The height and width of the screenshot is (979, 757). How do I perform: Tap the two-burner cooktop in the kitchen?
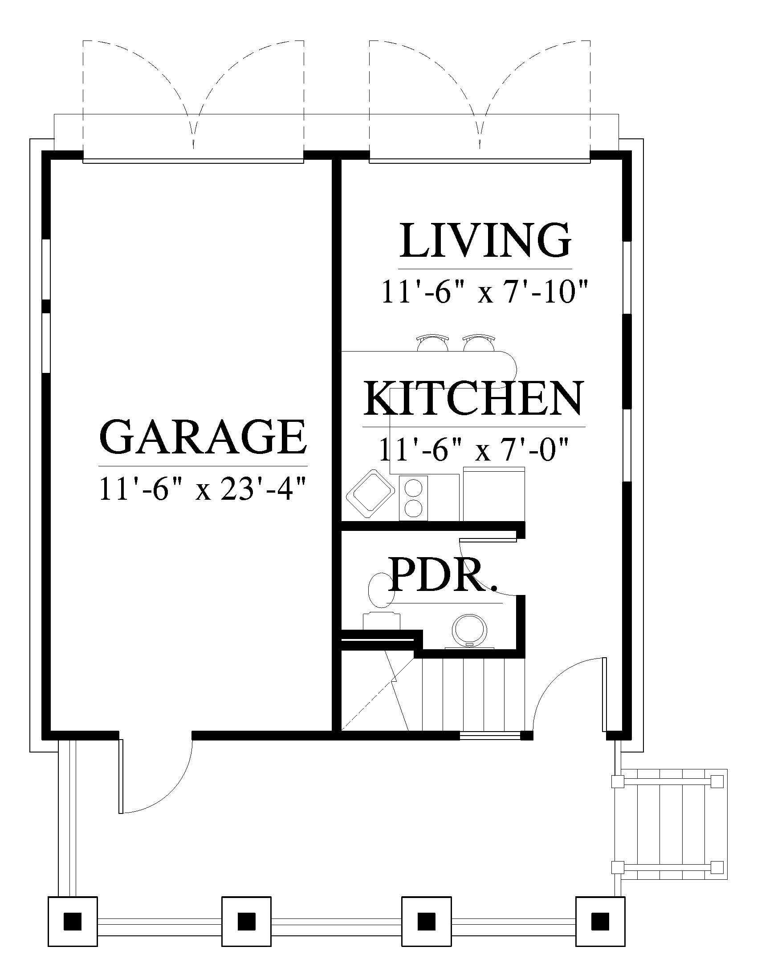[x=414, y=498]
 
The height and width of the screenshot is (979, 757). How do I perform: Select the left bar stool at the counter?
[x=433, y=343]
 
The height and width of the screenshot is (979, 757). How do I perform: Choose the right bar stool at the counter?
[x=479, y=343]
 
